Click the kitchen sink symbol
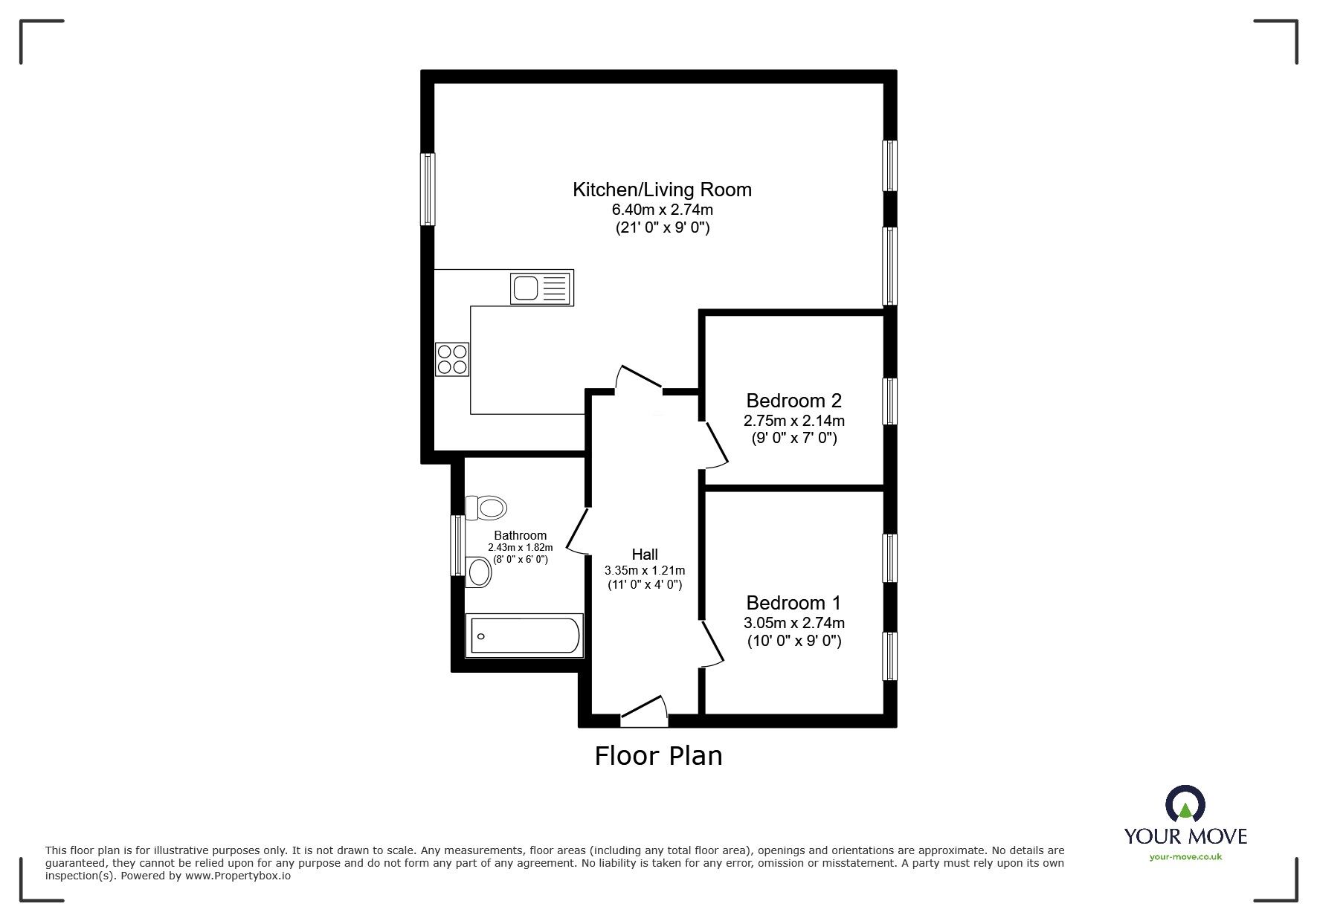[x=541, y=288]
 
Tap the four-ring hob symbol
[x=452, y=359]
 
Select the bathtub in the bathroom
[x=524, y=636]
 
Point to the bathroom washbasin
[x=480, y=572]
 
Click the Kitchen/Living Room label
[x=662, y=190]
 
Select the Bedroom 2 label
[x=793, y=401]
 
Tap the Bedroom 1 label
[x=793, y=603]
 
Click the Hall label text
[x=645, y=554]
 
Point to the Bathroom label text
[x=520, y=535]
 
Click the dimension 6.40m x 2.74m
[x=662, y=210]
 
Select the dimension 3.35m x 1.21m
[x=645, y=570]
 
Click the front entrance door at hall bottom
[x=644, y=711]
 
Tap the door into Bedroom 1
[x=712, y=644]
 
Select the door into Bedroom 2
[x=715, y=445]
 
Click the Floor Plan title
[x=658, y=756]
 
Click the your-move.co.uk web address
[x=1185, y=857]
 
